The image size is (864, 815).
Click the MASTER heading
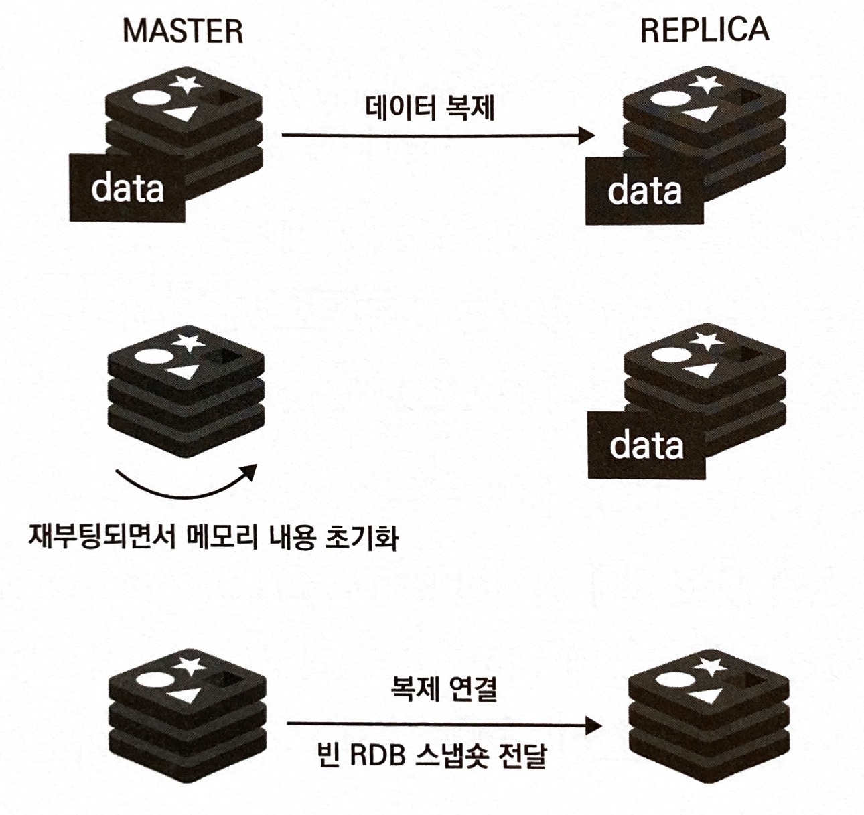[x=183, y=31]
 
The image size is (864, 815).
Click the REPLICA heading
[x=704, y=30]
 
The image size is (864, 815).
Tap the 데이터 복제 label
[x=430, y=107]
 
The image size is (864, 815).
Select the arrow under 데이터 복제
[x=438, y=136]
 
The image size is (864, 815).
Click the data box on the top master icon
[x=127, y=188]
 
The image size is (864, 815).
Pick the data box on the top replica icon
[x=644, y=191]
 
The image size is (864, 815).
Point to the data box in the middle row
[x=646, y=445]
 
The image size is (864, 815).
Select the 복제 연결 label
[x=443, y=689]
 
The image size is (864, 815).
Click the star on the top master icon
[x=186, y=84]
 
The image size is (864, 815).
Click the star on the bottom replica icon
[x=710, y=666]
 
